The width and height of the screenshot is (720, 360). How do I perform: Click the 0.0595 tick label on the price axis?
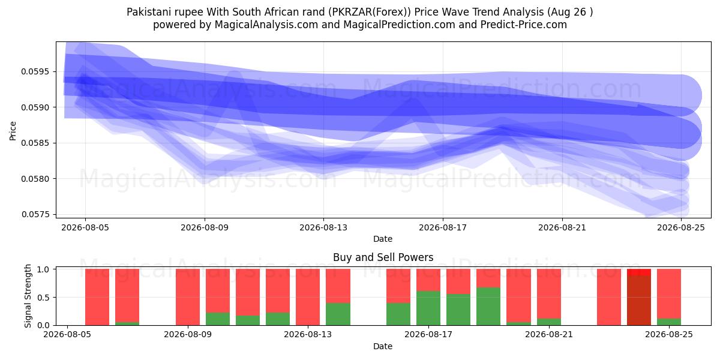pyautogui.click(x=35, y=71)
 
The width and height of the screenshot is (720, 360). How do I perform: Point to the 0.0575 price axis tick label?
pyautogui.click(x=35, y=214)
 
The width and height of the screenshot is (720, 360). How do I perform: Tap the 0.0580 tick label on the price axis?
pyautogui.click(x=35, y=178)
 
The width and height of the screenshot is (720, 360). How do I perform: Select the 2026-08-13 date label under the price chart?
pyautogui.click(x=323, y=227)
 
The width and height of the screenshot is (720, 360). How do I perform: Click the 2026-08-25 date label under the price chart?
pyautogui.click(x=681, y=227)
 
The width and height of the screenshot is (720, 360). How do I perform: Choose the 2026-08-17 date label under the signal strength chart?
pyautogui.click(x=428, y=334)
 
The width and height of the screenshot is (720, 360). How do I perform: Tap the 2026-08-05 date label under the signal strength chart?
pyautogui.click(x=67, y=334)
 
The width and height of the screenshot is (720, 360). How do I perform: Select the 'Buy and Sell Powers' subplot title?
pyautogui.click(x=383, y=257)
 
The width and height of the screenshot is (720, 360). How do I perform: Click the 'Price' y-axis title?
pyautogui.click(x=13, y=131)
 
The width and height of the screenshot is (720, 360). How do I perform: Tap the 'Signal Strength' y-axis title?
pyautogui.click(x=28, y=296)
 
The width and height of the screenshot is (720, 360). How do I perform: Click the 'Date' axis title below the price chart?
pyautogui.click(x=383, y=239)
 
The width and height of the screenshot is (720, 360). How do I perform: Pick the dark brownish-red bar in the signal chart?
pyautogui.click(x=639, y=300)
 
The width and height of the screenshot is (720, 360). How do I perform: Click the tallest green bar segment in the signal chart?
pyautogui.click(x=488, y=307)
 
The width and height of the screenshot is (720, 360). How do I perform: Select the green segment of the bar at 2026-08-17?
pyautogui.click(x=428, y=308)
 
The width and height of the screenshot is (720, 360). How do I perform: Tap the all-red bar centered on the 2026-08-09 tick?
pyautogui.click(x=188, y=297)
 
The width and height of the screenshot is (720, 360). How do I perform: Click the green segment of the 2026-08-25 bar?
pyautogui.click(x=669, y=322)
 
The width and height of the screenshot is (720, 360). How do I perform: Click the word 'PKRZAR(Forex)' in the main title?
pyautogui.click(x=370, y=12)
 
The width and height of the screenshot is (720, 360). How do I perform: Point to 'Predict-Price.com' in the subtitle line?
pyautogui.click(x=524, y=25)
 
